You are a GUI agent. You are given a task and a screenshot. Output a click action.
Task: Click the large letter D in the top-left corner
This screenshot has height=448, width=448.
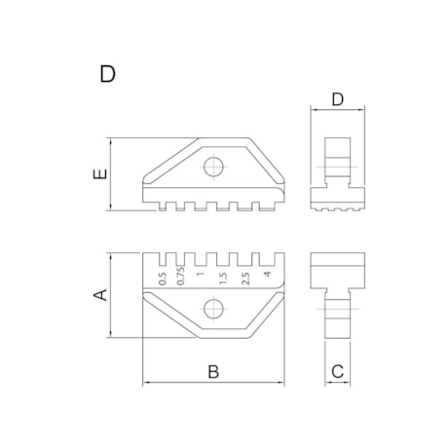(x=108, y=74)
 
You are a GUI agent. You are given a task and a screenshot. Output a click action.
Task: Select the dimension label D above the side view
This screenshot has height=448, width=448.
(x=337, y=98)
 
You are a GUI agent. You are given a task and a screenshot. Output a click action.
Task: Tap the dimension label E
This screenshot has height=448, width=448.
(x=98, y=174)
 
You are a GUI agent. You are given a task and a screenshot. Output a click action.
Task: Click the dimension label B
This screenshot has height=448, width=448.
(x=215, y=370)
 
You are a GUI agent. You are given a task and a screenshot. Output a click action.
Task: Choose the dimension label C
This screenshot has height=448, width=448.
(x=337, y=370)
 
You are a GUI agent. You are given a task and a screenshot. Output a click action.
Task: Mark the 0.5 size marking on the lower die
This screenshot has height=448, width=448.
(x=162, y=277)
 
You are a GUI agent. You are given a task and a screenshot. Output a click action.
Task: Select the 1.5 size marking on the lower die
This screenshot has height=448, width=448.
(x=223, y=277)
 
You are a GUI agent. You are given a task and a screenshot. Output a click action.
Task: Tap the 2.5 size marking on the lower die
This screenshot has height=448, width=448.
(x=244, y=277)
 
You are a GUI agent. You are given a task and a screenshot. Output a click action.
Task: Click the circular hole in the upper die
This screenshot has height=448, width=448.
(x=215, y=168)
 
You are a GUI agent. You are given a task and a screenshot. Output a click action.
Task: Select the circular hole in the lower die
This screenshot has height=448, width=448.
(x=215, y=310)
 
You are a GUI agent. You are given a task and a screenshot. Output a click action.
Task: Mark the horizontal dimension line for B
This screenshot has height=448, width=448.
(x=215, y=383)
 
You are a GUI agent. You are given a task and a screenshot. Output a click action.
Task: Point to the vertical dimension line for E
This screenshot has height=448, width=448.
(x=114, y=172)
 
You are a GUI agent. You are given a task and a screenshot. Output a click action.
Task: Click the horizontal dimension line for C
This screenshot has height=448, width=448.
(x=337, y=383)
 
